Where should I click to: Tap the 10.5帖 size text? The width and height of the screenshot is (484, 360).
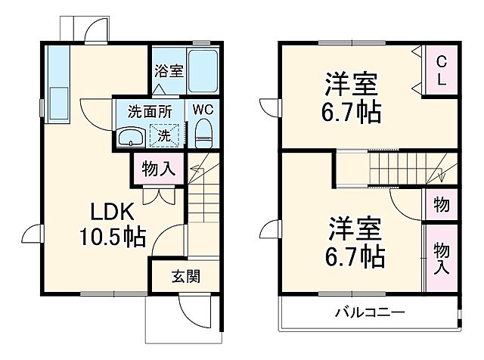[x=113, y=237]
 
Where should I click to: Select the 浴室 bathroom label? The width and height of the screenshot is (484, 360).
[x=168, y=72]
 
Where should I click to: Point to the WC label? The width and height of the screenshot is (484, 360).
[x=203, y=109]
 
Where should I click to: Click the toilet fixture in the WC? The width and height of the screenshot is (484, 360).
[x=203, y=135]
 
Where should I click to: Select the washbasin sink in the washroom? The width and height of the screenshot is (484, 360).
[x=132, y=136]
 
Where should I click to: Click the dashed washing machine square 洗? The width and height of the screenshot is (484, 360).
[x=165, y=135]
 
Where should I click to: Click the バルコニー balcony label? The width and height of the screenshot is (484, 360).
[x=370, y=312]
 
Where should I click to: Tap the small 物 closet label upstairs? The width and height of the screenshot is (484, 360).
[x=442, y=205]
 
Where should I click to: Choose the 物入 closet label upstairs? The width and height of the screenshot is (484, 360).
[x=442, y=258]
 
